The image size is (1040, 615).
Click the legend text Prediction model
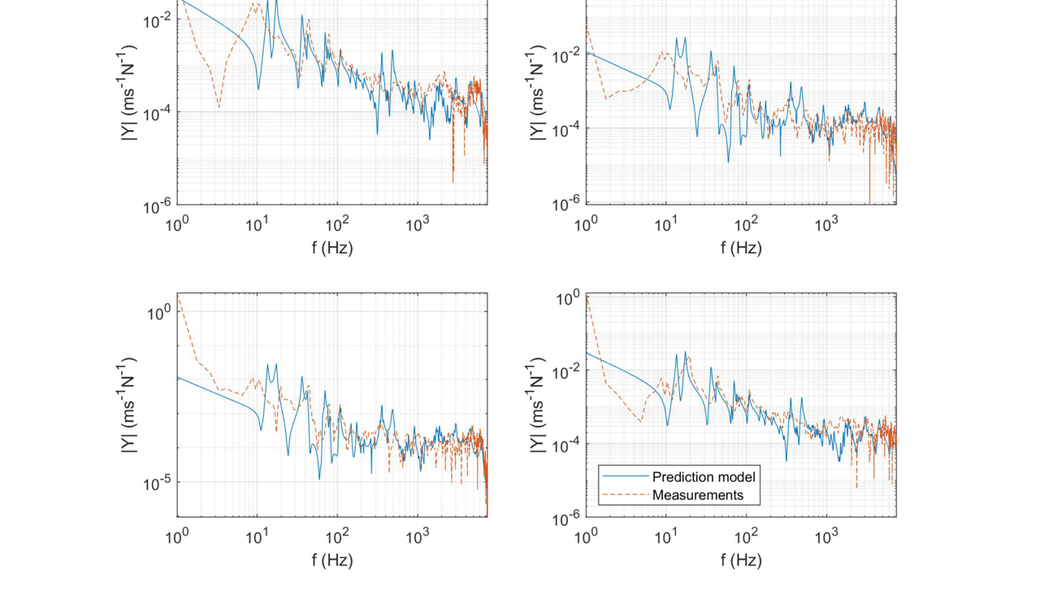click(x=704, y=477)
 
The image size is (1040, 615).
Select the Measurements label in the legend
click(x=697, y=495)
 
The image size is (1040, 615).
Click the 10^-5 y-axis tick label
click(x=156, y=483)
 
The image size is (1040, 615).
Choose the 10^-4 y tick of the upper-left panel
click(x=156, y=112)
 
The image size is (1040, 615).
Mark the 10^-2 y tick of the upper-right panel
click(x=565, y=55)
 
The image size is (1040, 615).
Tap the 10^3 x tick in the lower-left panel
click(x=417, y=537)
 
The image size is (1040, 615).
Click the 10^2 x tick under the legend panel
click(x=746, y=537)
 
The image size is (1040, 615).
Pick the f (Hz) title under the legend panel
click(x=741, y=560)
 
